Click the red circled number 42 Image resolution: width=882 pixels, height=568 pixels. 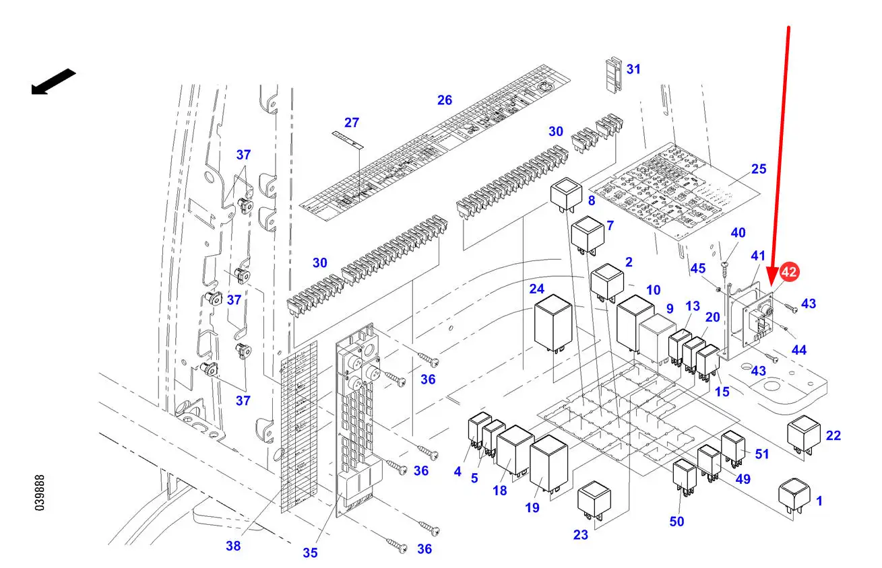click(789, 273)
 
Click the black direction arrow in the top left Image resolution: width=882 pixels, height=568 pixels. click(53, 81)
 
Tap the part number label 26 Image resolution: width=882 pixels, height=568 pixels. click(445, 100)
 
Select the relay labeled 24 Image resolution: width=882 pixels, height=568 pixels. click(553, 322)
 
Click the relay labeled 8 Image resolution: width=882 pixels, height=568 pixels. click(565, 195)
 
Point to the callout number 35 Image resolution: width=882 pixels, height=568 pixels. click(309, 553)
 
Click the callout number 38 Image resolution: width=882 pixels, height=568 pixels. click(233, 546)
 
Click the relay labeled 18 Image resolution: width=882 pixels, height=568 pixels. click(515, 450)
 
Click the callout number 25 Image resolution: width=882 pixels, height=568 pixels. click(759, 168)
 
